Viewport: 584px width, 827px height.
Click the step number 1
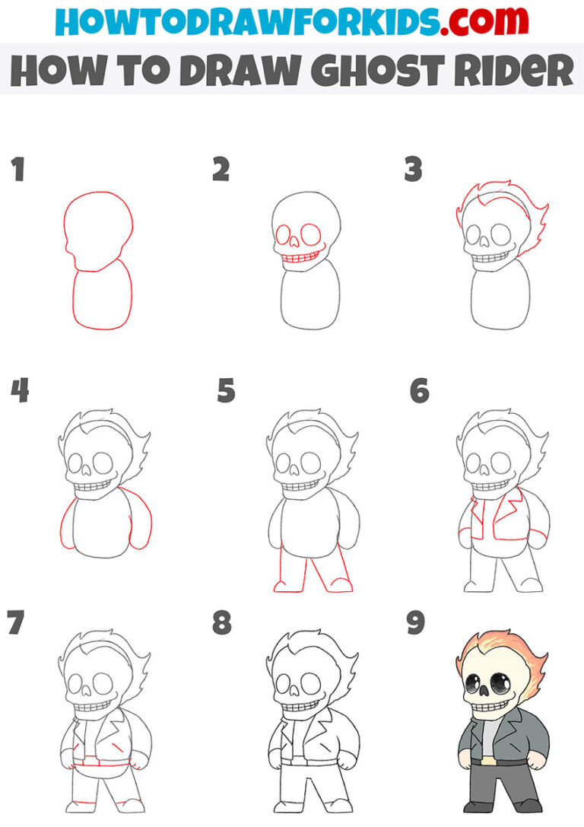[x=17, y=170]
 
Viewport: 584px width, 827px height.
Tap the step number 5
[x=226, y=391]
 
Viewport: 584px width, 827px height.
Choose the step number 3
[x=413, y=170]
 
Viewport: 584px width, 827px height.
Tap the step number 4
[x=19, y=391]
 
